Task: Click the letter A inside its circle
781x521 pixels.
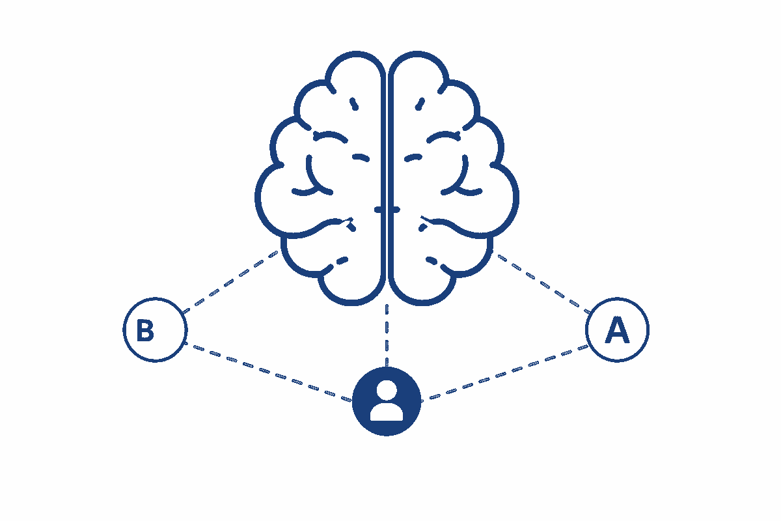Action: tap(617, 330)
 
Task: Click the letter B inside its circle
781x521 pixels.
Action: tap(145, 330)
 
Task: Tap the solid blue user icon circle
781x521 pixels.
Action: tap(387, 401)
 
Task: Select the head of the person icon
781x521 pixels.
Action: tap(387, 390)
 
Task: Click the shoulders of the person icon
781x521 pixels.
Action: tap(387, 412)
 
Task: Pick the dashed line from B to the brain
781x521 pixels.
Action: tap(231, 281)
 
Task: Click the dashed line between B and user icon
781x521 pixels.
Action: tap(267, 372)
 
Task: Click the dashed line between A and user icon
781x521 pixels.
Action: tap(505, 373)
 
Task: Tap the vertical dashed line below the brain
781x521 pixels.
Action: tap(387, 335)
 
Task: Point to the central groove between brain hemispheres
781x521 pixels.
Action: tap(387, 175)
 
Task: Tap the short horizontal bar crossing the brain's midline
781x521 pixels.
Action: tap(387, 210)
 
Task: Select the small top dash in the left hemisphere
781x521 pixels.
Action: tap(354, 104)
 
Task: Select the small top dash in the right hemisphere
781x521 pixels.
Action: tap(420, 104)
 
